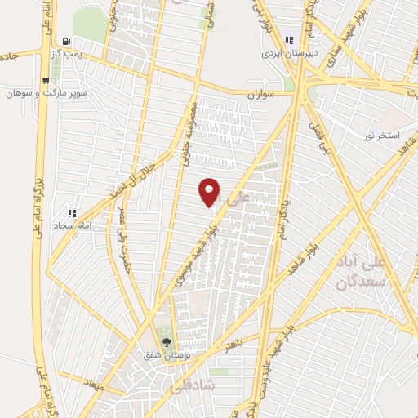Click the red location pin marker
tap(210, 192)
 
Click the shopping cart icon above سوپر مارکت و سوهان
tap(45, 81)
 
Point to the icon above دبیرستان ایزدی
tap(289, 39)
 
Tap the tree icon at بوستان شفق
tap(167, 343)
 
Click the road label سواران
tap(260, 96)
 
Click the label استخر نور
tap(382, 136)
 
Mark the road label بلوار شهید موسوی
tap(194, 258)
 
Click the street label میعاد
tap(93, 380)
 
